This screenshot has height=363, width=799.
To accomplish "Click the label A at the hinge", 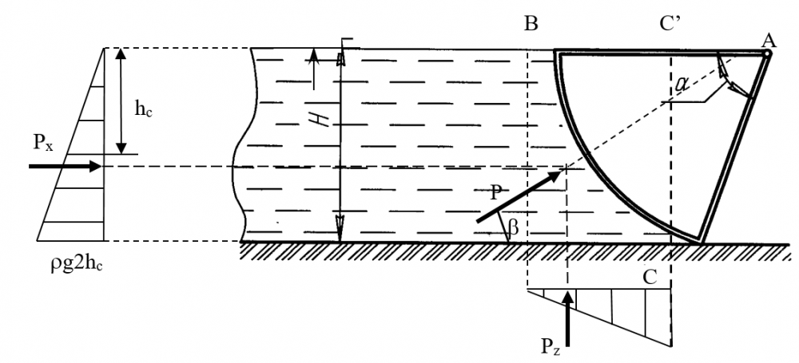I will [x=769, y=39].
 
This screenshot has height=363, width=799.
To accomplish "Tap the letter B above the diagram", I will [x=531, y=23].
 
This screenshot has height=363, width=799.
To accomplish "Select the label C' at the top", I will [x=669, y=23].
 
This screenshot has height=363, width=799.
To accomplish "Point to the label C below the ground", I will [x=650, y=277].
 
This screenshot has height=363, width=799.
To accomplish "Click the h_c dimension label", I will [x=145, y=111].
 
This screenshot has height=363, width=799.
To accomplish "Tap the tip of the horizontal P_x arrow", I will [x=101, y=166].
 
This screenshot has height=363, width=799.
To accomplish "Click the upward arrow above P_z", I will [x=567, y=315].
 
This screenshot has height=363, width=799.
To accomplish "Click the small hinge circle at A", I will [x=766, y=53].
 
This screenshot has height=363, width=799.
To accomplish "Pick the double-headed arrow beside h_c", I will [x=121, y=101].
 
